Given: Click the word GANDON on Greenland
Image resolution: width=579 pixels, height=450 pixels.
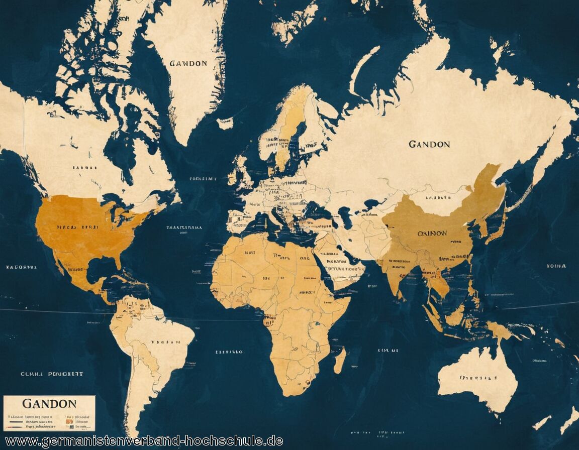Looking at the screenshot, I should pyautogui.click(x=188, y=64).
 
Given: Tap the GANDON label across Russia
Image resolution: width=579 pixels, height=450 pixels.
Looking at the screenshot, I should pyautogui.click(x=429, y=145).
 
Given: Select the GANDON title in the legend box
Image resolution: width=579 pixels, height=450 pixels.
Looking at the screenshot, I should pyautogui.click(x=49, y=404).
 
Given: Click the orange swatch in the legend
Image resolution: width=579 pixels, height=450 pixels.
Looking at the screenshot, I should pyautogui.click(x=69, y=421).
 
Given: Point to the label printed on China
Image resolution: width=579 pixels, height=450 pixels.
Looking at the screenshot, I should pyautogui.click(x=432, y=234).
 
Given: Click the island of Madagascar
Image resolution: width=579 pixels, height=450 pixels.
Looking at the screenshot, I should pyautogui.click(x=340, y=360).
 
